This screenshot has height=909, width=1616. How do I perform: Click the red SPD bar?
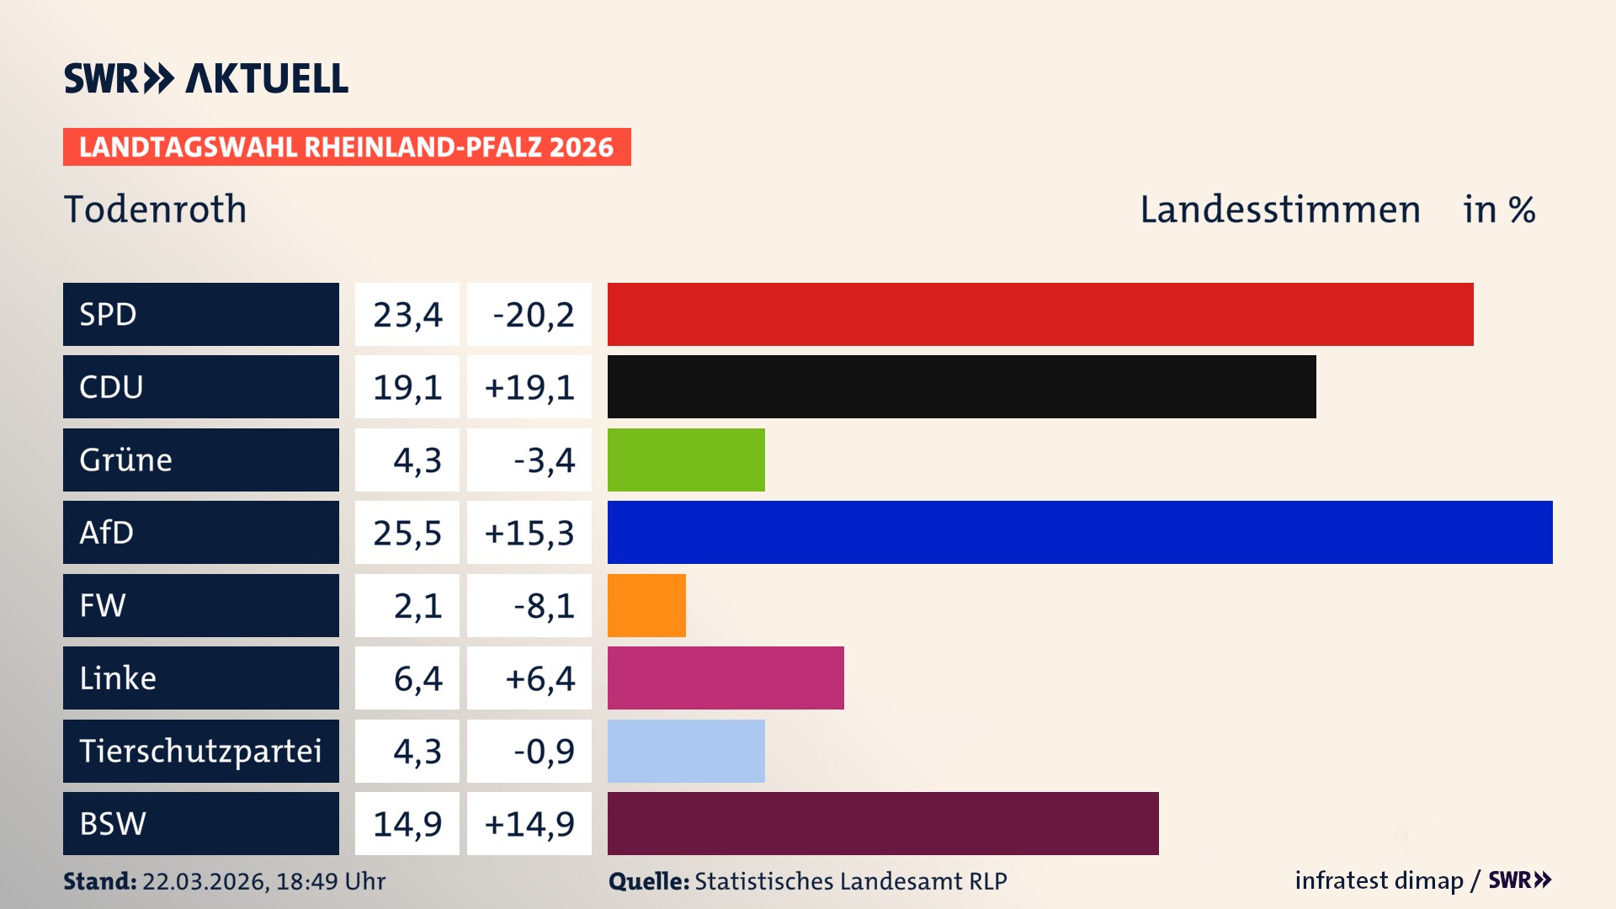pos(1039,314)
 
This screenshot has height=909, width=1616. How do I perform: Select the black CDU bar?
pos(961,386)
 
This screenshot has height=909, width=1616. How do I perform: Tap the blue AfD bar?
pos(1079,532)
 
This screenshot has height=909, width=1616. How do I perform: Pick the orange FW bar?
pos(646,605)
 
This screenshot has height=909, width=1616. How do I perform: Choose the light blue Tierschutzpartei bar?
pos(686,751)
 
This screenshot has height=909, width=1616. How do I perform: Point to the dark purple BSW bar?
pos(883,823)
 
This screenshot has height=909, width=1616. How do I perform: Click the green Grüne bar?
pos(686,460)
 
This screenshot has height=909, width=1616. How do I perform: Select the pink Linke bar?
pos(726,678)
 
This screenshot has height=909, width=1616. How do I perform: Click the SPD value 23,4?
pos(407,315)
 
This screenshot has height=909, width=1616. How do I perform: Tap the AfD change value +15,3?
pos(529,533)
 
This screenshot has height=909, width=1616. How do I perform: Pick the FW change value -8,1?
pos(544,606)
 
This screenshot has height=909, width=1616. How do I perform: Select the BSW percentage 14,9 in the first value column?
pos(407,824)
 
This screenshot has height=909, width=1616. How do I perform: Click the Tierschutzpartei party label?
pos(200,751)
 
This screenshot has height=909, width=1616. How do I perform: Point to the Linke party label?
pos(118,678)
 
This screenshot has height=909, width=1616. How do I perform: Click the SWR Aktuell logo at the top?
pos(206,78)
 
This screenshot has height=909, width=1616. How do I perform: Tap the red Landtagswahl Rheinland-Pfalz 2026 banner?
pos(346,147)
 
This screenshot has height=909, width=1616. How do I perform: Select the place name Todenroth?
pos(156,210)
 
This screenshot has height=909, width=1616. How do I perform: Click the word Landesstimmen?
pos(1279,210)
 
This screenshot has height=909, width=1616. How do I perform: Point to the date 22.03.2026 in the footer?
pos(205,881)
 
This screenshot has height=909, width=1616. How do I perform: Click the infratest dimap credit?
pos(1378,880)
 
